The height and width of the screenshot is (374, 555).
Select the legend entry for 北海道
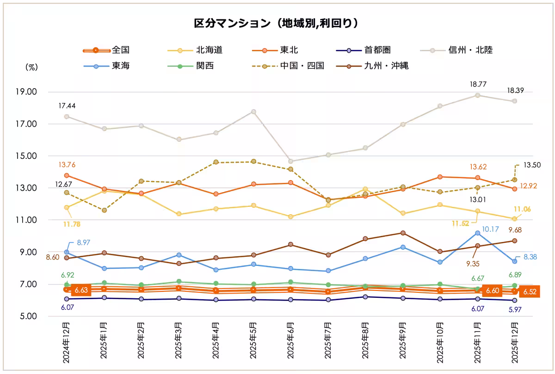(202, 50)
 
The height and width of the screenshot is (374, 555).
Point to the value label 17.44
(67, 106)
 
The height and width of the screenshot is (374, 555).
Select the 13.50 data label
(532, 165)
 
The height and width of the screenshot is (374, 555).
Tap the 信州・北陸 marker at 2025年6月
(290, 161)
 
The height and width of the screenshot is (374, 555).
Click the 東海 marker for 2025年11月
(477, 233)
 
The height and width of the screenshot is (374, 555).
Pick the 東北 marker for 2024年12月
(67, 175)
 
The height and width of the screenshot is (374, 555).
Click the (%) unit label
(31, 66)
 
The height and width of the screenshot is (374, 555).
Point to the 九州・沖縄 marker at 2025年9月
(403, 233)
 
